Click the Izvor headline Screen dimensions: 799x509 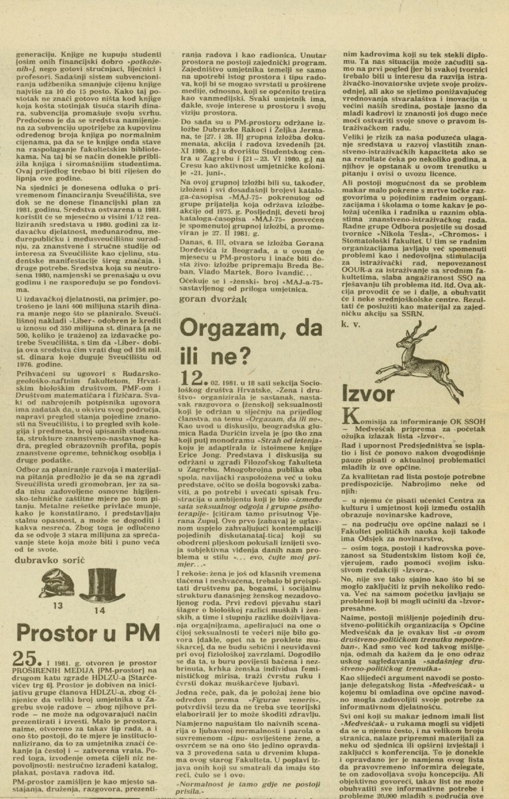coord(367,394)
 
